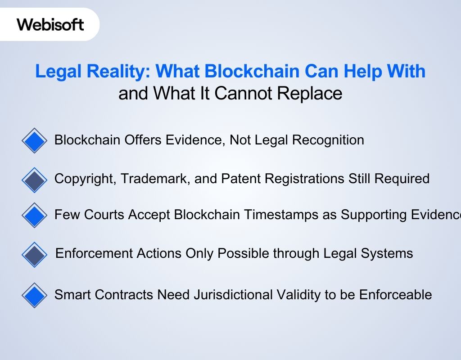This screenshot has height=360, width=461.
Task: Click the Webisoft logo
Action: [50, 24]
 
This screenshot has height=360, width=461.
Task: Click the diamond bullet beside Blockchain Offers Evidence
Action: [34, 141]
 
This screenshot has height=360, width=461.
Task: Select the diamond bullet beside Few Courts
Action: [34, 215]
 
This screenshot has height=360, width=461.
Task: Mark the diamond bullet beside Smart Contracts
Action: [34, 295]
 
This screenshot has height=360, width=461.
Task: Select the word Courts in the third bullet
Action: [105, 215]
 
